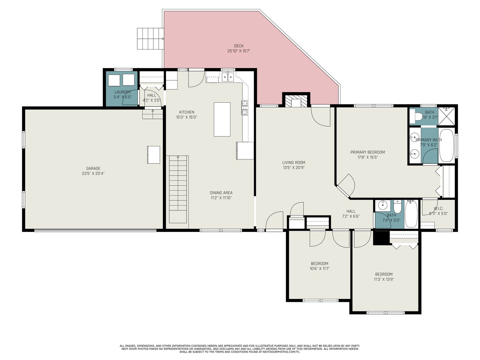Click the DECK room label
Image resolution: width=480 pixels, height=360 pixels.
tap(239, 46)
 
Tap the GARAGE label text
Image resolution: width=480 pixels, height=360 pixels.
tap(93, 168)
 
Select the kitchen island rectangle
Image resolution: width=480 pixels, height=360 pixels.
tap(222, 119)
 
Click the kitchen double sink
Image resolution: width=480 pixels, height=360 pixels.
tap(228, 77)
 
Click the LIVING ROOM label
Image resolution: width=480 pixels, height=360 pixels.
tap(294, 162)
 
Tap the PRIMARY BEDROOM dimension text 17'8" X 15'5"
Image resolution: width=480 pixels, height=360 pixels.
tap(367, 157)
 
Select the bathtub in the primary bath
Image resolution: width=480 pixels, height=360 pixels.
tap(446, 145)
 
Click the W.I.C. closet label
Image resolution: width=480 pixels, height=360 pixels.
tap(438, 208)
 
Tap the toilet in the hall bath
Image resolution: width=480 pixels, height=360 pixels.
tap(397, 207)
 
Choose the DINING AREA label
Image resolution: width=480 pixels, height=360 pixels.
tap(221, 193)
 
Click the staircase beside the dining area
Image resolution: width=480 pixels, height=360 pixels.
tap(178, 189)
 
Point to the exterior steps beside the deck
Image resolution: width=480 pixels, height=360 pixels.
tap(151, 39)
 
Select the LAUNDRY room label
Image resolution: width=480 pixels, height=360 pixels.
tap(123, 92)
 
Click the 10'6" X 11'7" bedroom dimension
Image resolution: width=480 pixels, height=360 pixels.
tap(319, 268)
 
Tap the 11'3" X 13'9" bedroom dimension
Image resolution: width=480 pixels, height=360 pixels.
tap(384, 279)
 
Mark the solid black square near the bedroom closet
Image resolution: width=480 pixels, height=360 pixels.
tap(381, 238)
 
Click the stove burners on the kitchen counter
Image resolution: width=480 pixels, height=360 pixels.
tap(245, 107)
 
